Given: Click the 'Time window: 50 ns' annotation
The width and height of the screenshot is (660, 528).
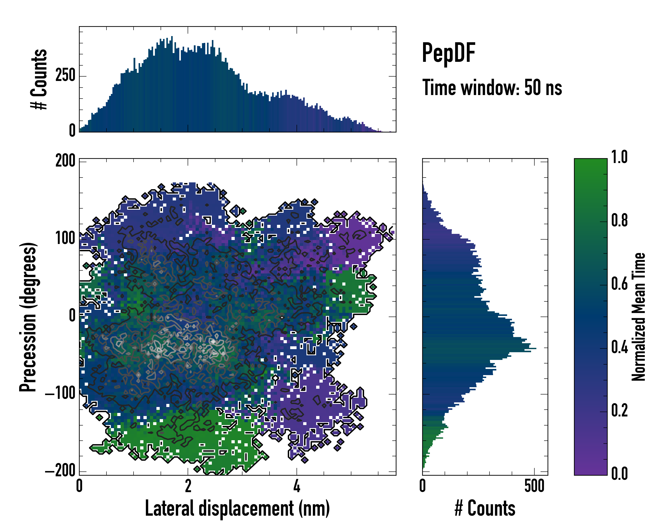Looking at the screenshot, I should tap(492, 88).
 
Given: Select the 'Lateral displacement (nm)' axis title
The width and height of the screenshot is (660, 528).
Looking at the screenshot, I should tap(237, 508).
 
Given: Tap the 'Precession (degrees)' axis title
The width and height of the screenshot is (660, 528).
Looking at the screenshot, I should tap(28, 317).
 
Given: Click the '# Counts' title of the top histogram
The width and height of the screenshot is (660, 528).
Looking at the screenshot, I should tap(39, 79).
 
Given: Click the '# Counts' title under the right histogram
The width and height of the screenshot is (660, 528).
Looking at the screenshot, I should tap(485, 508).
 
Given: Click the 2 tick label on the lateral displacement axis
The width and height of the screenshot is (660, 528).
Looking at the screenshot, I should tap(188, 486).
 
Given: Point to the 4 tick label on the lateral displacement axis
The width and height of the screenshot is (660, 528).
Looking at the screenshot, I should tap(297, 486).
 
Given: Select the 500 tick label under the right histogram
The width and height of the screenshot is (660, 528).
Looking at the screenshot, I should tap(534, 486).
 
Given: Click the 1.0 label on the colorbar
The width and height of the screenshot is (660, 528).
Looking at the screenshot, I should tap(619, 157).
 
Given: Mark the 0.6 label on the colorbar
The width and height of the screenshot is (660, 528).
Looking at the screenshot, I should tap(619, 284).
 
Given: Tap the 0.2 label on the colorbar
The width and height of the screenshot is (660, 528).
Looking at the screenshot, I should tap(619, 411).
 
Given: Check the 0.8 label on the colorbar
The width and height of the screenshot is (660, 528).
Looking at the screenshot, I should tap(619, 220).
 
